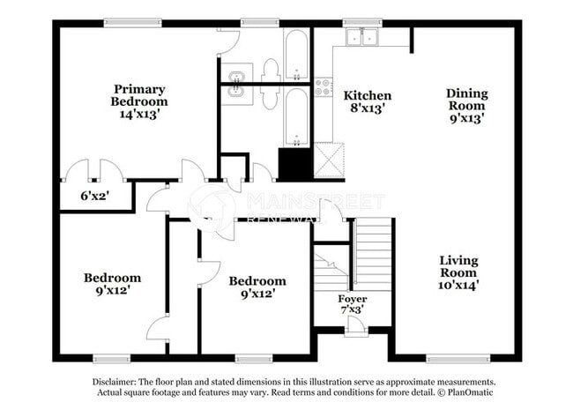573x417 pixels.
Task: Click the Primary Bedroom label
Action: pyautogui.click(x=138, y=94)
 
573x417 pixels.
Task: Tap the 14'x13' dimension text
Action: pyautogui.click(x=138, y=113)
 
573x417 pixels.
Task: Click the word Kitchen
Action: pyautogui.click(x=367, y=95)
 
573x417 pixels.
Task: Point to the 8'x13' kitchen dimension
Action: pyautogui.click(x=367, y=109)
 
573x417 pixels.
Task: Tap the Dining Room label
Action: pyautogui.click(x=466, y=99)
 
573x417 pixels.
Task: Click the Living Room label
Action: pyautogui.click(x=458, y=267)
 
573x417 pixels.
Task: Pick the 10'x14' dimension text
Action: pyautogui.click(x=458, y=285)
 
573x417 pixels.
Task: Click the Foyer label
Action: pyautogui.click(x=353, y=299)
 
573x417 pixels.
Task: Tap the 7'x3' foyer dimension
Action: pyautogui.click(x=353, y=310)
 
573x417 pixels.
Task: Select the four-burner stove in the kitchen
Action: pyautogui.click(x=323, y=86)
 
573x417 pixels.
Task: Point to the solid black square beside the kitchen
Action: pyautogui.click(x=294, y=164)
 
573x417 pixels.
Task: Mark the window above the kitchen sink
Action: pyautogui.click(x=361, y=22)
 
